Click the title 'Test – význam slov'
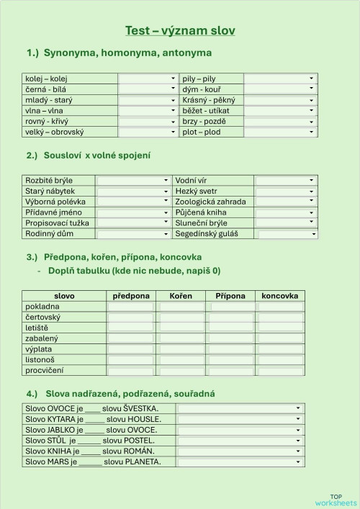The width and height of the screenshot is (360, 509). pyautogui.click(x=180, y=30)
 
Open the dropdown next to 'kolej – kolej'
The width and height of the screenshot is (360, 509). pyautogui.click(x=148, y=78)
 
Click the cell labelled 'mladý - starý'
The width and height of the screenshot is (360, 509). pyautogui.click(x=49, y=100)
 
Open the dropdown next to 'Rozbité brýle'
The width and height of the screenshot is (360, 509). pyautogui.click(x=133, y=181)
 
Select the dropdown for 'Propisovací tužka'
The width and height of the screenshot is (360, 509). pyautogui.click(x=133, y=223)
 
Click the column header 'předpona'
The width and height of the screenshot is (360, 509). pyautogui.click(x=131, y=296)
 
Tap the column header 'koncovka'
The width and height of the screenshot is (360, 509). pyautogui.click(x=280, y=296)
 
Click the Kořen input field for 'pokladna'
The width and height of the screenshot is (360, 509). pyautogui.click(x=181, y=307)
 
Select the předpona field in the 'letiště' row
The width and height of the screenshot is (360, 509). pyautogui.click(x=131, y=328)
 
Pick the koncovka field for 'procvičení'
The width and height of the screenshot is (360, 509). pyautogui.click(x=280, y=370)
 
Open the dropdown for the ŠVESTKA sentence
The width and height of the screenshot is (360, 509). pyautogui.click(x=240, y=408)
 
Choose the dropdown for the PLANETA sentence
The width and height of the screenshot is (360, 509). pyautogui.click(x=240, y=461)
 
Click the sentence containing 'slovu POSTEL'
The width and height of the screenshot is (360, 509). pyautogui.click(x=92, y=440)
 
